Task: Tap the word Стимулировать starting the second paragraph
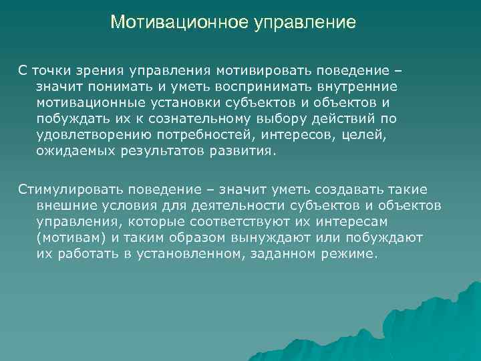(x=57, y=190)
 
